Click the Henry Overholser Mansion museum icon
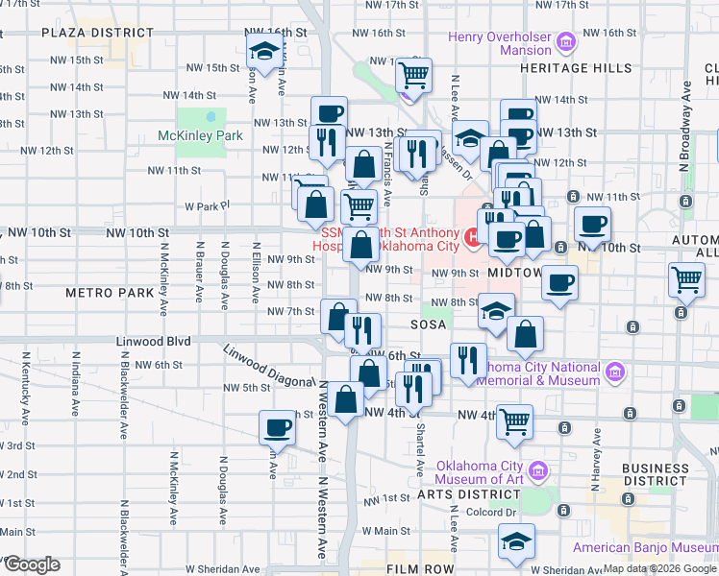coord(567,42)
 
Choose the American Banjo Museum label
coord(645,548)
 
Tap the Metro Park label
coord(105,291)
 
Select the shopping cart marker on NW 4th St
coord(515,419)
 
